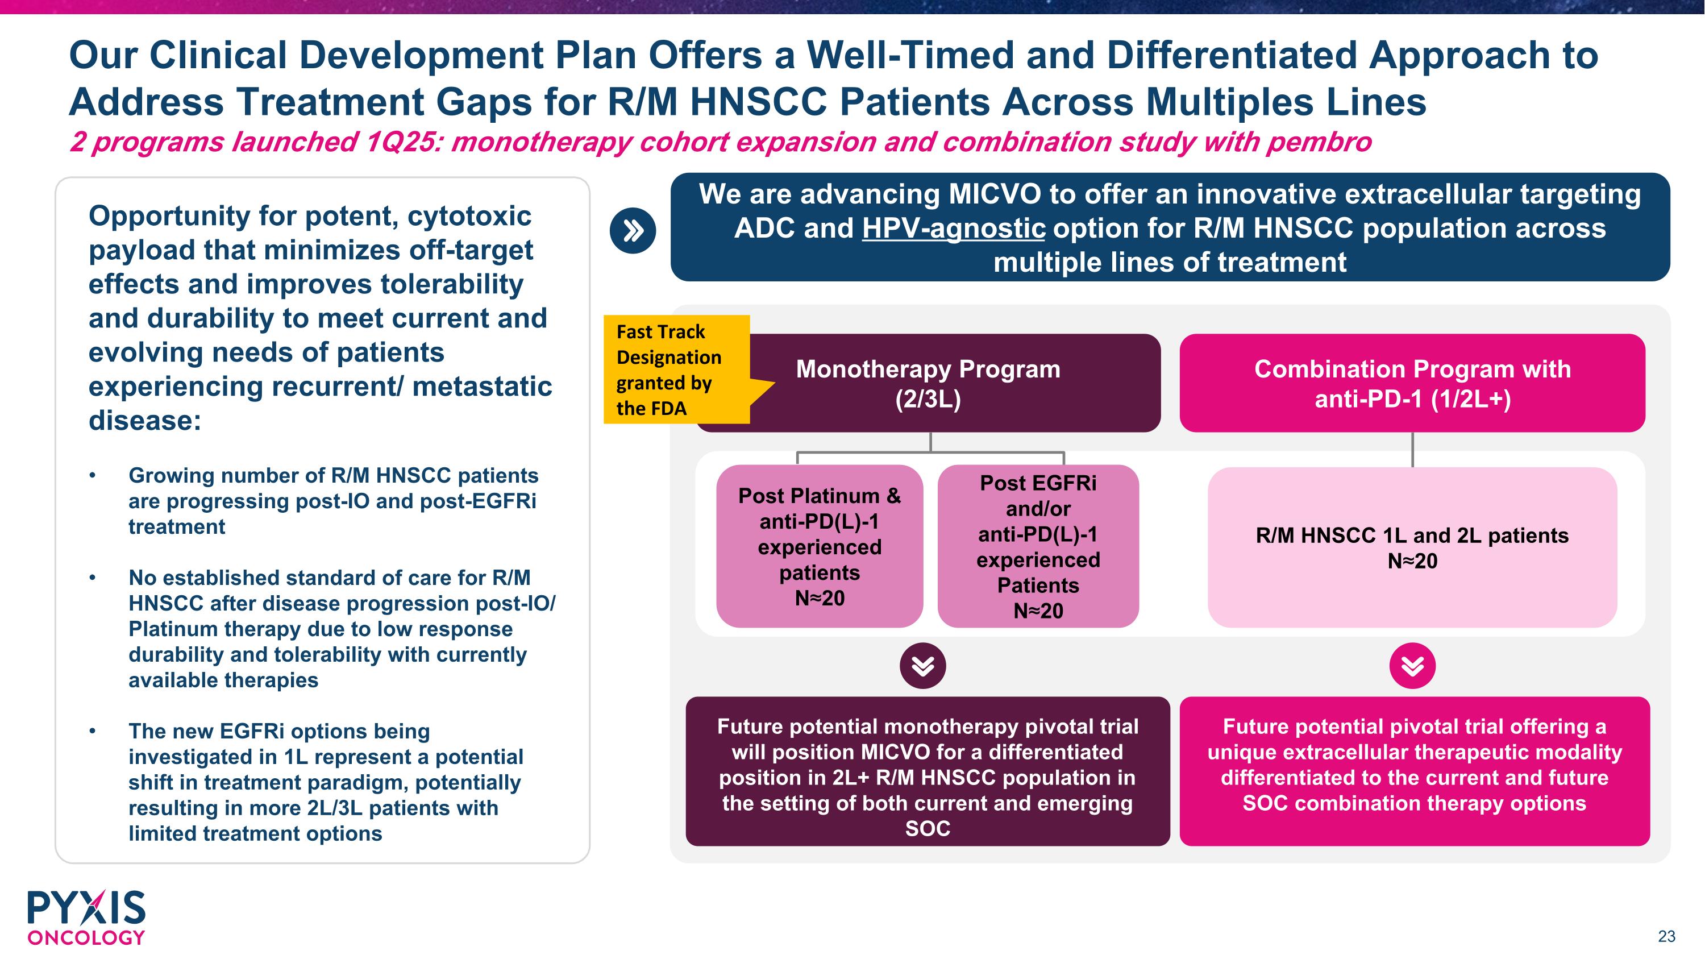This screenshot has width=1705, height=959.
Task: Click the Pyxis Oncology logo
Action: [86, 918]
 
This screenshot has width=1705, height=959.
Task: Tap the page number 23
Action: [1666, 936]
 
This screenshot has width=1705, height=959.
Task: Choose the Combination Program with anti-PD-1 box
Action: [1412, 383]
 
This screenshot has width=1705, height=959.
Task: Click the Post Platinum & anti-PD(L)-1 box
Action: [820, 546]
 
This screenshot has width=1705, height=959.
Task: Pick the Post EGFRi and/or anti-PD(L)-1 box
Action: [1038, 546]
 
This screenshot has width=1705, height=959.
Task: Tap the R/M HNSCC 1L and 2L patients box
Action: [1412, 547]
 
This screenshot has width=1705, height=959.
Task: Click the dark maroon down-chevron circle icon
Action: [922, 665]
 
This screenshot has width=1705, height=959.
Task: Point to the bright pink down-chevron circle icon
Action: [1412, 665]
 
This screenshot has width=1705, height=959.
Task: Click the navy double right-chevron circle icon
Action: [633, 231]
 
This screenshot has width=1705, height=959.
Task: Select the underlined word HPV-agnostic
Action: [953, 229]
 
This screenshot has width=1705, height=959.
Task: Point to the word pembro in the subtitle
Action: [1319, 142]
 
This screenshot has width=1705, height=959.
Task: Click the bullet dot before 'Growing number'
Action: [93, 476]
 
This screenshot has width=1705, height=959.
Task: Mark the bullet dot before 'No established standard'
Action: [93, 578]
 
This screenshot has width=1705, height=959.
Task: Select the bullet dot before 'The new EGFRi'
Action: [93, 731]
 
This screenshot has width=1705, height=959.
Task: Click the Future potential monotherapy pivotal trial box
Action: [928, 771]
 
